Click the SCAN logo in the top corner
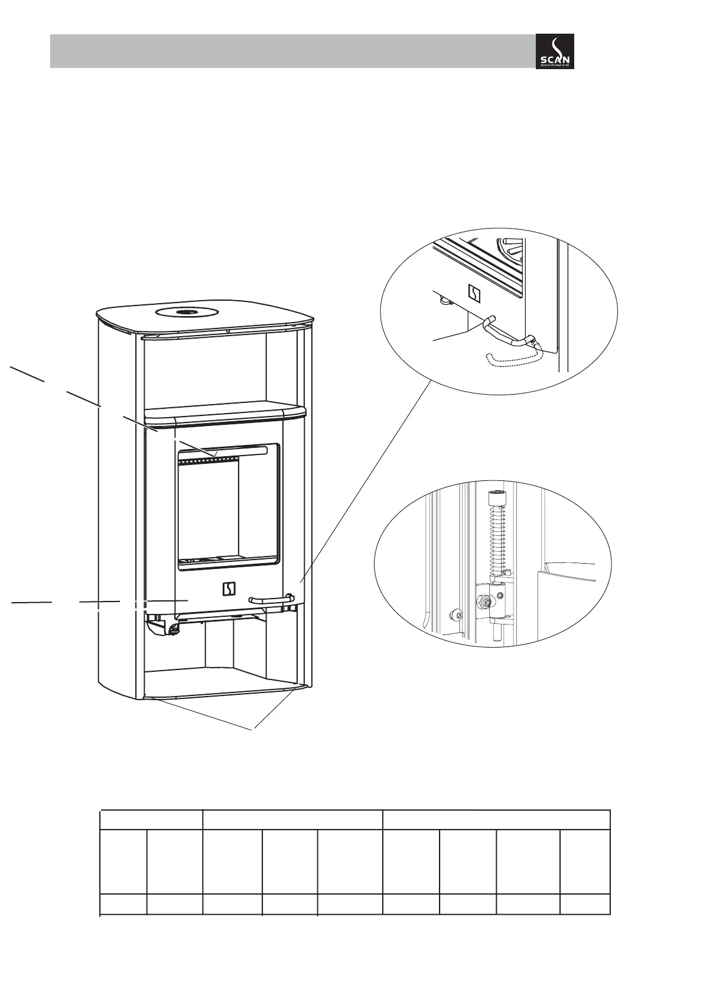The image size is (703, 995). (x=554, y=51)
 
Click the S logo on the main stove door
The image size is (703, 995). (x=229, y=588)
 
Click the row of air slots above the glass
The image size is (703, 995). (x=210, y=459)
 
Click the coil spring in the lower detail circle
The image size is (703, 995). (x=494, y=538)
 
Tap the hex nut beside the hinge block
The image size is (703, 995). (x=484, y=602)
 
